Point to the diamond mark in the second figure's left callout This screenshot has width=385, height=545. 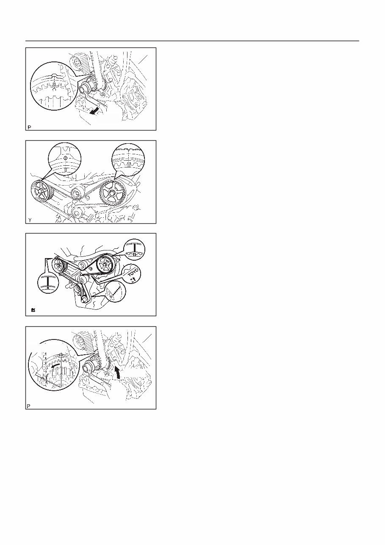coord(66,157)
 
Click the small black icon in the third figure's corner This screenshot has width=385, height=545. coord(33,311)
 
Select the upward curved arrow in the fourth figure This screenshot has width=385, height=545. coord(118,373)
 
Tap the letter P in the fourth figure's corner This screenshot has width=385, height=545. coord(29,406)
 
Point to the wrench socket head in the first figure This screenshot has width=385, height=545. coord(84,90)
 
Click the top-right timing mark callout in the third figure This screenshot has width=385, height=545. coord(134,249)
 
